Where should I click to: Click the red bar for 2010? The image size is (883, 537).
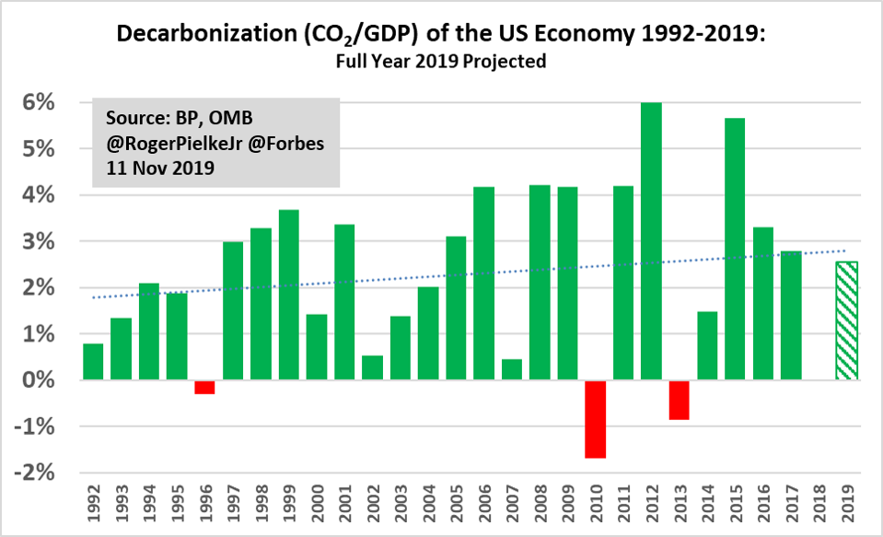[x=595, y=419]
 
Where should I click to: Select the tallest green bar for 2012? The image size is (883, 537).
[x=651, y=241]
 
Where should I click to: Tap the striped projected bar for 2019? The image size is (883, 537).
[x=846, y=321]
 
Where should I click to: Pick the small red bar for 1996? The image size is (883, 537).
[x=204, y=387]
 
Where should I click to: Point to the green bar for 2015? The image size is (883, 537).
[x=734, y=249]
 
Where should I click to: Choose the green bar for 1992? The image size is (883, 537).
[x=93, y=361]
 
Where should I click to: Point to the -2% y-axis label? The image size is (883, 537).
[x=48, y=473]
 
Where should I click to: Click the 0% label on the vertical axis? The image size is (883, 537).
[x=52, y=380]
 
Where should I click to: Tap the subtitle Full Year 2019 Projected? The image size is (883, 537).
[x=441, y=63]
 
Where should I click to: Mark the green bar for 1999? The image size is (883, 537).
[x=288, y=295]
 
